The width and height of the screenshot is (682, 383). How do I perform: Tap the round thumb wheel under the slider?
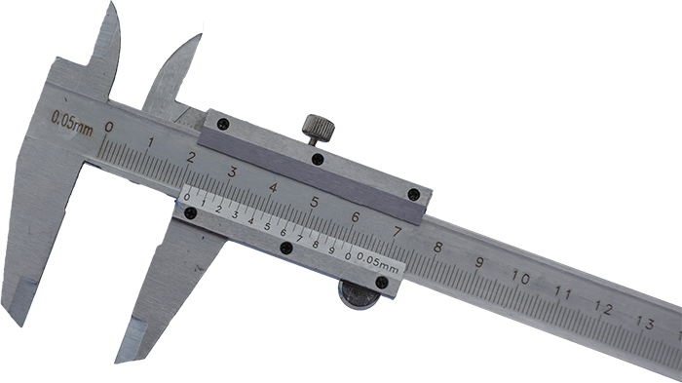coord(359,295)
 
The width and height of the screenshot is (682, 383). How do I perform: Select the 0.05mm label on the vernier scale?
coord(378,262)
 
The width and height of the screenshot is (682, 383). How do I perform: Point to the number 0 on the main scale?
coord(109,127)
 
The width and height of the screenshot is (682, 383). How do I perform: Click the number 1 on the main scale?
coord(150,142)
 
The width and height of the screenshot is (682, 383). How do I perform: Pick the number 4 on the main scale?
coord(273,187)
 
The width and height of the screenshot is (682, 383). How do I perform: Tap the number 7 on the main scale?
coord(397,232)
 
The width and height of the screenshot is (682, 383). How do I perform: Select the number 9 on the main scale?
coord(479,262)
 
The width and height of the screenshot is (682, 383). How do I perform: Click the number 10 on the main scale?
coord(520,278)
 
